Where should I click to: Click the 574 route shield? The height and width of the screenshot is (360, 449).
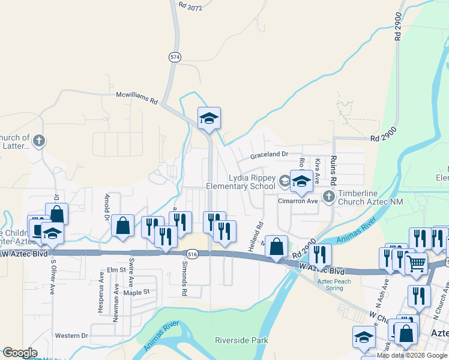pyautogui.click(x=175, y=56)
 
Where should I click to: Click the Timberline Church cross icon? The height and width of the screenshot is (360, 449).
pyautogui.click(x=328, y=196)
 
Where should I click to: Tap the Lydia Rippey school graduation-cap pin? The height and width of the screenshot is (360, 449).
pyautogui.click(x=301, y=181)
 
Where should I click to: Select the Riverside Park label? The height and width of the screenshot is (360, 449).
pyautogui.click(x=241, y=340)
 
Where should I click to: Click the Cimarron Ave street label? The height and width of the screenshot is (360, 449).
pyautogui.click(x=297, y=201)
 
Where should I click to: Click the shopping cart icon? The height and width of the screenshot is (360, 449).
pyautogui.click(x=416, y=262)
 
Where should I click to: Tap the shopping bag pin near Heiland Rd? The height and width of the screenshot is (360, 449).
pyautogui.click(x=276, y=246)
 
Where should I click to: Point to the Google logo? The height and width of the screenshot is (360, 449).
pyautogui.click(x=19, y=353)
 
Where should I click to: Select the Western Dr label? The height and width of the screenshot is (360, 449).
pyautogui.click(x=71, y=335)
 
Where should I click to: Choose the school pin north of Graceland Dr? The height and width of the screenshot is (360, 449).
pyautogui.click(x=209, y=118)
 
